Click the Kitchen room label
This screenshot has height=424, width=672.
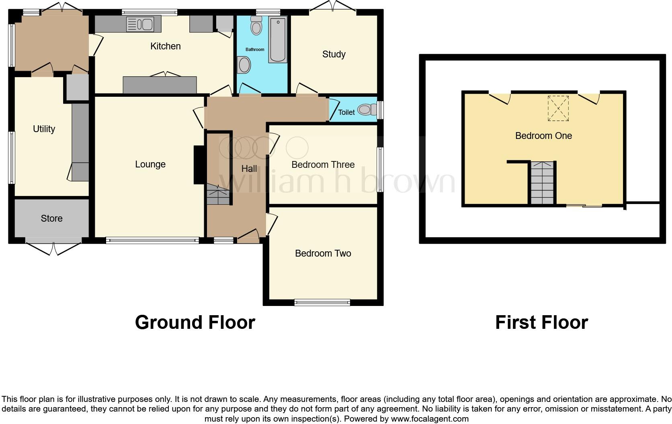pos(165,46)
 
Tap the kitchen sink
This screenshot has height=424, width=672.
pos(139,24)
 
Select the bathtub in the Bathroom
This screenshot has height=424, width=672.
pos(278,39)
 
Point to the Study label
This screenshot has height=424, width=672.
pos(334,54)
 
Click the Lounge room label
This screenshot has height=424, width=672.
pos(150,164)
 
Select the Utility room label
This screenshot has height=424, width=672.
pos(44,129)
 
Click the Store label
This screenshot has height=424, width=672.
pos(51,218)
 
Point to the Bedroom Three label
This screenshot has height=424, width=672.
pos(323,165)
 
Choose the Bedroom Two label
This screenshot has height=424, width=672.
pos(323,253)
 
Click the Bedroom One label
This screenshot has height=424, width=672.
pos(543,136)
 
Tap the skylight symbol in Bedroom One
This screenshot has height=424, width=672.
pos(558,108)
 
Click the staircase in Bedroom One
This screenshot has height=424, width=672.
pos(542,183)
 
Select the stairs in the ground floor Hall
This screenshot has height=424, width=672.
pos(218,196)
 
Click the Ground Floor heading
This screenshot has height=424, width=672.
pos(195,322)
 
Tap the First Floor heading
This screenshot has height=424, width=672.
pos(541,322)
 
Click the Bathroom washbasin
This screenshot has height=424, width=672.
pos(244,65)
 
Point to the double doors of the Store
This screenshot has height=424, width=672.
pos(53,248)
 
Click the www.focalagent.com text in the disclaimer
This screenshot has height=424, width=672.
pos(429,419)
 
